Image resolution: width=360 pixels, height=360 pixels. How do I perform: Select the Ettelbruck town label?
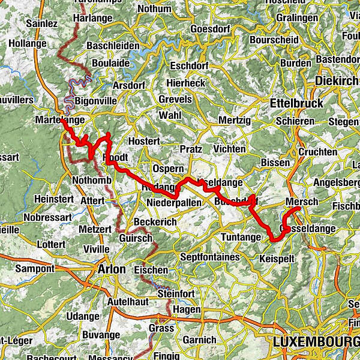pyautogui.click(x=296, y=103)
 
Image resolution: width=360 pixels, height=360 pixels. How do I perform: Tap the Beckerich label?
pyautogui.click(x=155, y=222)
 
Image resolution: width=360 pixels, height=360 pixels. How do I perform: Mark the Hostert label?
pyautogui.click(x=145, y=141)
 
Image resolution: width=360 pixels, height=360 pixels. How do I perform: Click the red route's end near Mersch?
pyautogui.click(x=298, y=208)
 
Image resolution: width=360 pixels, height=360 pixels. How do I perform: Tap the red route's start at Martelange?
pyautogui.click(x=62, y=120)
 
